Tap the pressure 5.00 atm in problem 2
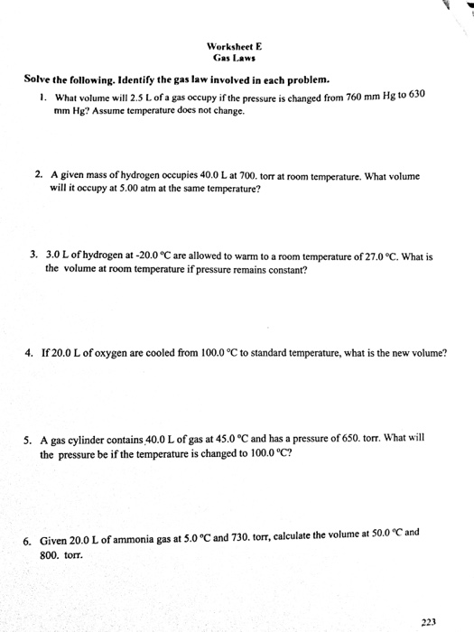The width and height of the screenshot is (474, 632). pyautogui.click(x=142, y=189)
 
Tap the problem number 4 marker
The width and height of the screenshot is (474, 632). pyautogui.click(x=30, y=353)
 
